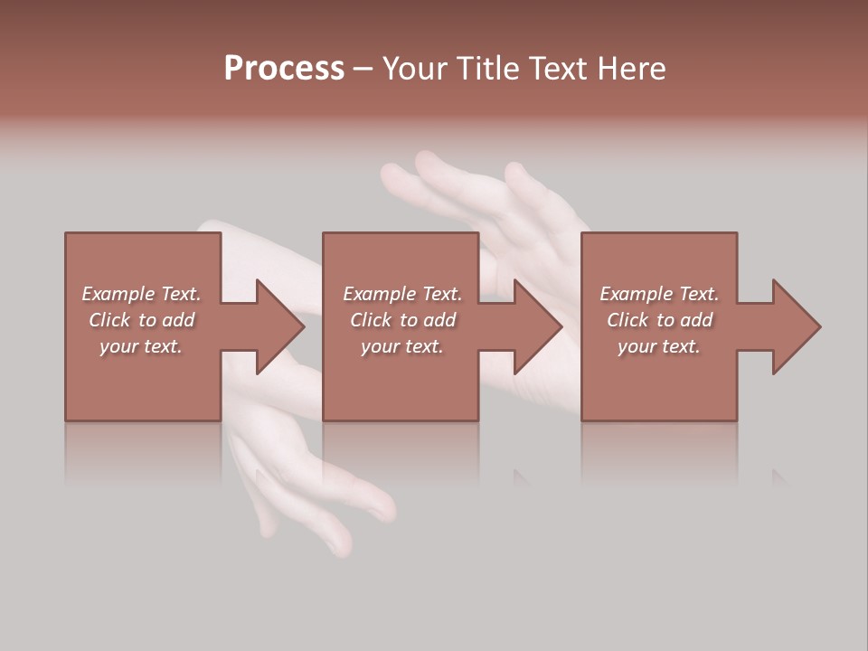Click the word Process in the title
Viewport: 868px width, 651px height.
284,69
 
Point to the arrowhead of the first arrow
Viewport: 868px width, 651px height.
280,326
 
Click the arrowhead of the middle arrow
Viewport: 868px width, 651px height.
538,326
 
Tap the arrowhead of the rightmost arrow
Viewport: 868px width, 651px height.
797,326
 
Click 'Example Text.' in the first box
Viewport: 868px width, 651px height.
141,294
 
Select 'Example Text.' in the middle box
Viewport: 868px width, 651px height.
402,294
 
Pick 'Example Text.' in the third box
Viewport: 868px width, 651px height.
659,294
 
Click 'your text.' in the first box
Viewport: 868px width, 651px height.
141,346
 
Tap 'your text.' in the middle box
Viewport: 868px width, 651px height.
402,346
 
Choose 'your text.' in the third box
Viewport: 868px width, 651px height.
659,346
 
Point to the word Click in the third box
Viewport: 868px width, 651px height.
627,320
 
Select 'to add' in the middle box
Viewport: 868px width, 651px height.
428,320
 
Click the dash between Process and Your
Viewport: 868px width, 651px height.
363,69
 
